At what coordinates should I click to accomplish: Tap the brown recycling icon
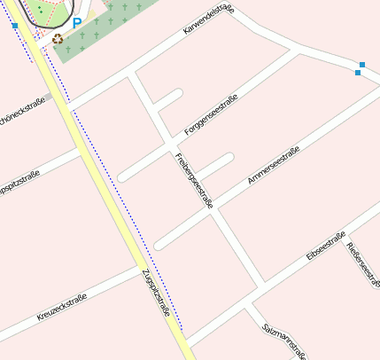coord(58,39)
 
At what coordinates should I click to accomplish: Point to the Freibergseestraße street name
coord(194,180)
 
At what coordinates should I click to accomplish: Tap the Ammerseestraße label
coord(273,166)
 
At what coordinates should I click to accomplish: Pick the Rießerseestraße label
coord(362,262)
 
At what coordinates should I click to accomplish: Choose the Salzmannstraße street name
coord(286,340)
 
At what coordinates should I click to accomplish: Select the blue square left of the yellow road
coord(15,26)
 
